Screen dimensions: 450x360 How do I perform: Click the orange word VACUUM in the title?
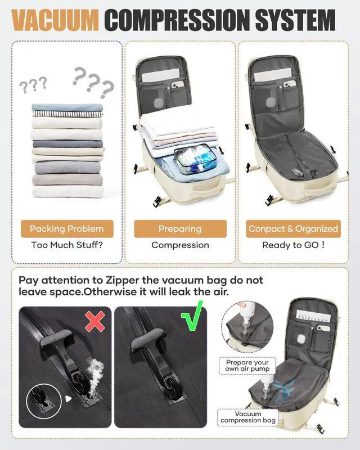point(55,21)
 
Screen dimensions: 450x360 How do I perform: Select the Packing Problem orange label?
point(67,229)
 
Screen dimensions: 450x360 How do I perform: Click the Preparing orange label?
point(180,229)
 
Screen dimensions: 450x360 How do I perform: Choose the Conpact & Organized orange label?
point(293,229)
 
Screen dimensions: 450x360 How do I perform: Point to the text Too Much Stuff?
point(67,245)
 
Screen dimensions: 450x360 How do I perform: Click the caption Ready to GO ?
point(293,245)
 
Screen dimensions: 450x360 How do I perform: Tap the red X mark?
point(95,322)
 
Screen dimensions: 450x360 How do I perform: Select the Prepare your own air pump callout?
point(247,366)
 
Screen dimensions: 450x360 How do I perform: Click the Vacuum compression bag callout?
point(248,417)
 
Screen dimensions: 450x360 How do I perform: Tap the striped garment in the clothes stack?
point(67,114)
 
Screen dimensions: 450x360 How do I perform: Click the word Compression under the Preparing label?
point(180,245)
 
